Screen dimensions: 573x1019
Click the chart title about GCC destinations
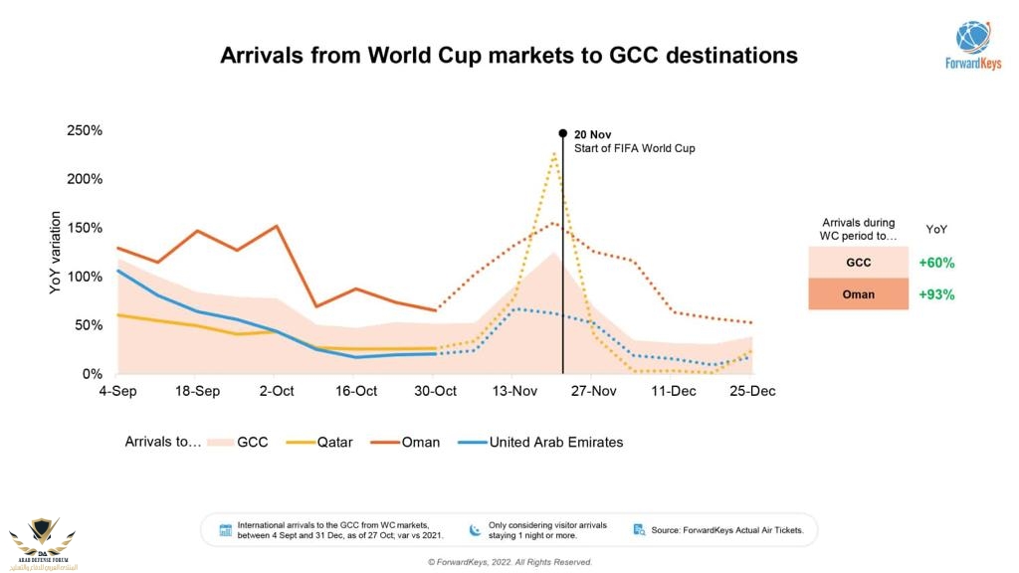click(x=509, y=56)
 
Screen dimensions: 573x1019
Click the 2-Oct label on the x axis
click(x=276, y=392)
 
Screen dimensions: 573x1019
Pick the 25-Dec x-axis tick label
click(x=752, y=392)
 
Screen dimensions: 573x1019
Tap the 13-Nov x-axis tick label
click(x=513, y=392)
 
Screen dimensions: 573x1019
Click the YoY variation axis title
click(x=56, y=253)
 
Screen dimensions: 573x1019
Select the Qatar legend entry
click(x=319, y=442)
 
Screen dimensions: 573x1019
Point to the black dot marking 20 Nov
click(x=563, y=133)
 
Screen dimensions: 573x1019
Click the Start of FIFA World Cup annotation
click(x=634, y=148)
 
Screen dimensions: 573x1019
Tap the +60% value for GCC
click(x=935, y=264)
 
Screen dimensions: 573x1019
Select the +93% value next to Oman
click(x=935, y=294)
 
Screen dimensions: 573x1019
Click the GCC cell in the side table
click(x=859, y=264)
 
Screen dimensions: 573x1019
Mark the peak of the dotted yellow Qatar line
click(x=554, y=153)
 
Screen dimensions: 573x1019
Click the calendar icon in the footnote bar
click(x=225, y=530)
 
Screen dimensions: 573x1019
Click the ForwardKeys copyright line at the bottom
click(x=509, y=562)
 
